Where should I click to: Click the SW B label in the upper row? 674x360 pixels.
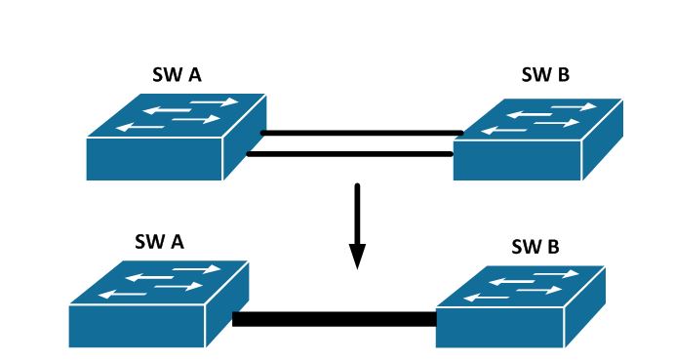546,75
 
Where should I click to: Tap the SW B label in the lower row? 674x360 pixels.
535,246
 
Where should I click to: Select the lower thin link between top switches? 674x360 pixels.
351,153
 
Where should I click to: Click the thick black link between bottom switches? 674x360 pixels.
334,319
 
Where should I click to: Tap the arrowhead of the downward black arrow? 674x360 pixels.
357,256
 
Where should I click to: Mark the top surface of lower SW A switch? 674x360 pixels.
160,282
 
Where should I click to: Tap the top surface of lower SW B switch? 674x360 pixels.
523,287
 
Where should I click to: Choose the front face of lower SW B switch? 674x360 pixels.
502,327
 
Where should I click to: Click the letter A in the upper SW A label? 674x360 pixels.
195,75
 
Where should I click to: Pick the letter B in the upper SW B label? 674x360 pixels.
564,75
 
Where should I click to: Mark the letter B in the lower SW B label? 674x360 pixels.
553,246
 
